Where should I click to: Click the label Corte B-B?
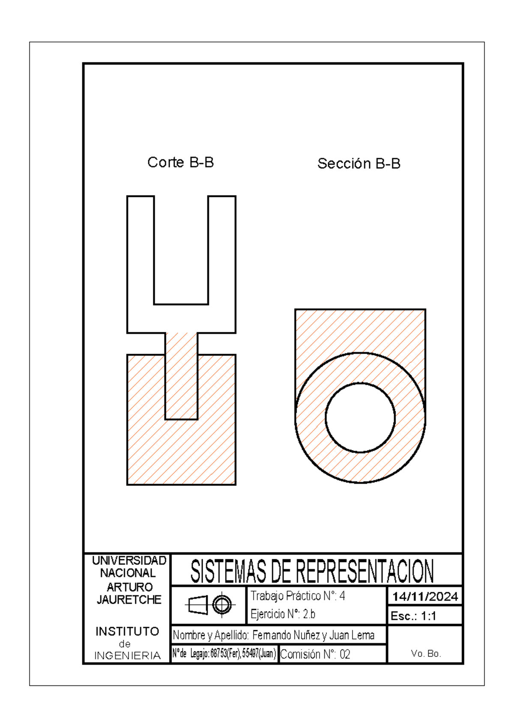180,163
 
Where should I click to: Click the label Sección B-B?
359,164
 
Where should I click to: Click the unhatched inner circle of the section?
360,417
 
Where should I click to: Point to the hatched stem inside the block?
181,377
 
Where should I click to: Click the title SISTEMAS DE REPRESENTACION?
312,571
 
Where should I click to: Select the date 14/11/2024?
425,596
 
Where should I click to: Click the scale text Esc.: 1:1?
413,616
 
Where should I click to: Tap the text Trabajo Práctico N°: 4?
298,596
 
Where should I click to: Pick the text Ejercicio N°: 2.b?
283,614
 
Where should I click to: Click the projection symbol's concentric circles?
222,605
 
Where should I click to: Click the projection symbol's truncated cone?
198,605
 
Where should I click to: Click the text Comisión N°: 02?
315,654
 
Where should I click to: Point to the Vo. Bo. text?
425,653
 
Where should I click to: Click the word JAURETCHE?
129,600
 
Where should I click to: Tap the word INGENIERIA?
127,656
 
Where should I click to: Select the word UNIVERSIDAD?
129,560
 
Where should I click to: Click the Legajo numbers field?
224,654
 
